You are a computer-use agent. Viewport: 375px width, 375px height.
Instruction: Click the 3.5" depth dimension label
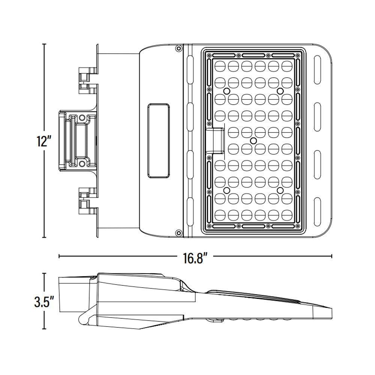coord(43,302)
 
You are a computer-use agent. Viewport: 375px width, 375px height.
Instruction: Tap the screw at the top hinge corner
coord(179,48)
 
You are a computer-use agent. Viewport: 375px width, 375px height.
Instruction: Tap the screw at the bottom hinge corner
coord(179,233)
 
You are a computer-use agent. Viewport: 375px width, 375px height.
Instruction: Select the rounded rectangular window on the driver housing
coord(159,141)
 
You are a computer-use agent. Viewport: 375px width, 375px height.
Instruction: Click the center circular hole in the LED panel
coord(253,141)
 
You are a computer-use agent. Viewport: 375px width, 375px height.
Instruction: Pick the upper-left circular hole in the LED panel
coord(226,91)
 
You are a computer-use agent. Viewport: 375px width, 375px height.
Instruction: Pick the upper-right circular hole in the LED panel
coord(280,91)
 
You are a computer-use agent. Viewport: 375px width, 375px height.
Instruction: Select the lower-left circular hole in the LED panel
coord(226,190)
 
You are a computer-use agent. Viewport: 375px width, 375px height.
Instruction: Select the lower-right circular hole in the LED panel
coord(280,190)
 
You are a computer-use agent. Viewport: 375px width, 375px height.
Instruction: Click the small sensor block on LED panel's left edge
coord(215,140)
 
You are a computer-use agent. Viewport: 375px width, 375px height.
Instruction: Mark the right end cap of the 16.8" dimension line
coord(331,256)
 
